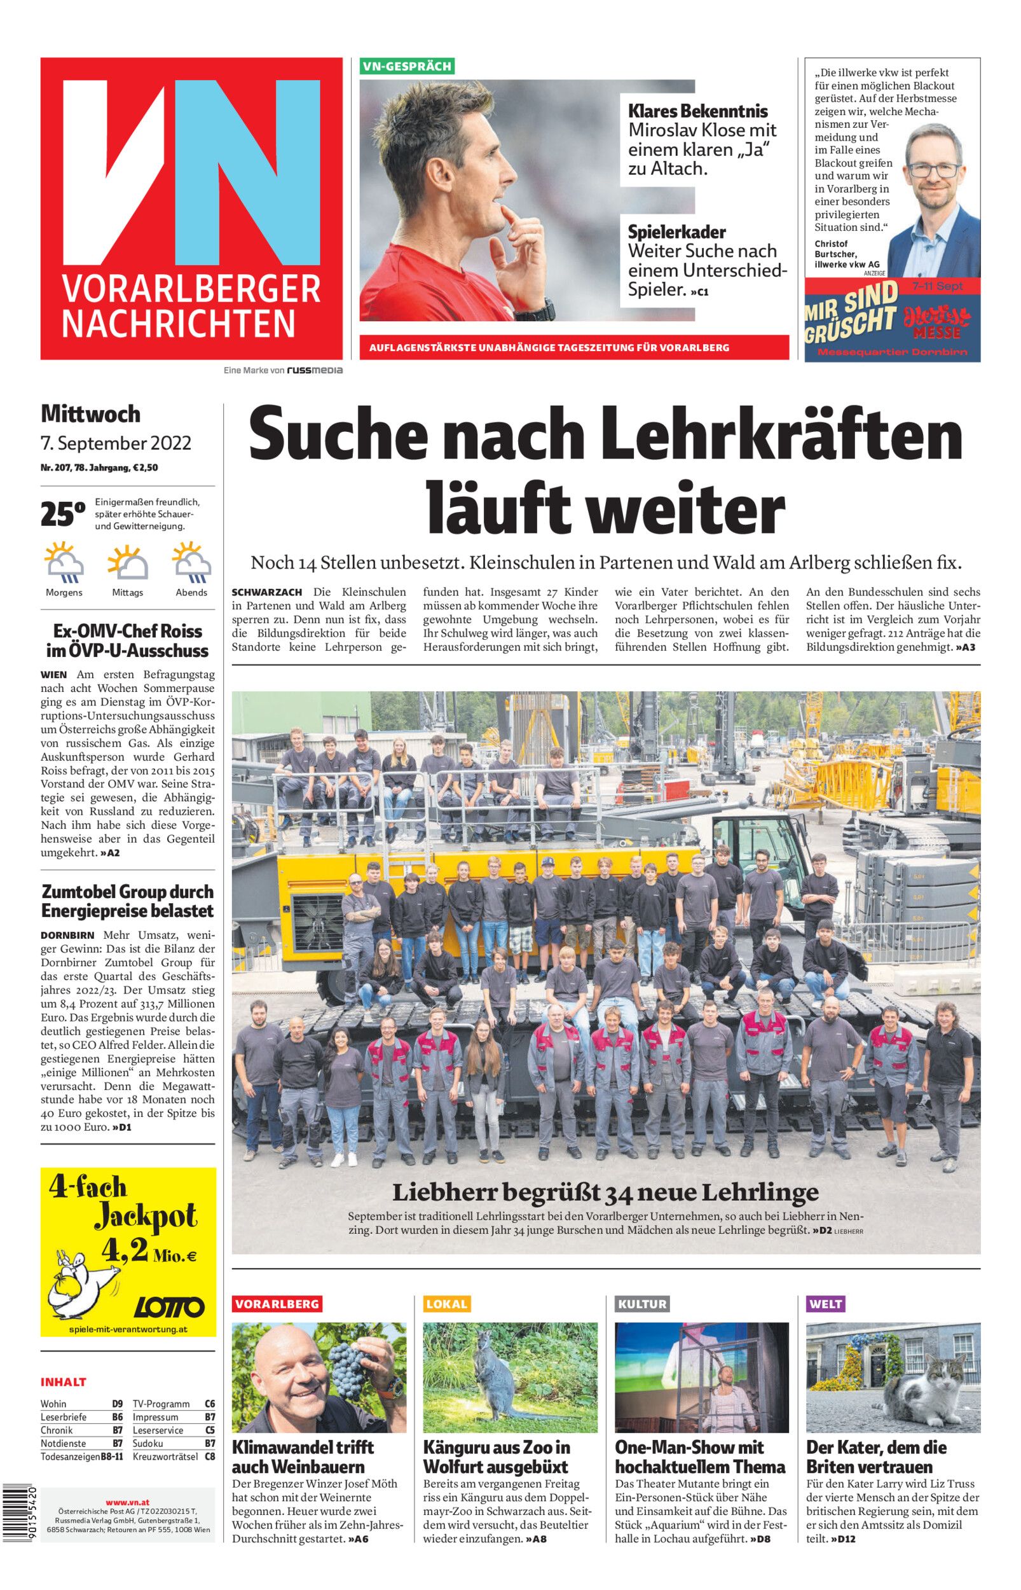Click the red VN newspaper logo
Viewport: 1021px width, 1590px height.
point(191,208)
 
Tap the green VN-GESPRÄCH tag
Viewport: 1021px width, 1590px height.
point(407,66)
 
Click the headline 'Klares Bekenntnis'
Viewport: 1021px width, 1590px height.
point(697,111)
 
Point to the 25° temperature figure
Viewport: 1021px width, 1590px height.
point(63,514)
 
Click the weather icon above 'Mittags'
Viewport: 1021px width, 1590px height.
point(127,562)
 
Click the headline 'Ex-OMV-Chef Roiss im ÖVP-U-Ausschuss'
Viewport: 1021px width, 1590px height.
point(128,640)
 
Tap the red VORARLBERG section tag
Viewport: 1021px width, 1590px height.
point(277,1304)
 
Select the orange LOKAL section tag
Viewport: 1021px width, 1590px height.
point(446,1304)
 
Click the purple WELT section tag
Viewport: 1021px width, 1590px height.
point(825,1304)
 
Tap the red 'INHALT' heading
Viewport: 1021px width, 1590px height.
point(64,1382)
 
